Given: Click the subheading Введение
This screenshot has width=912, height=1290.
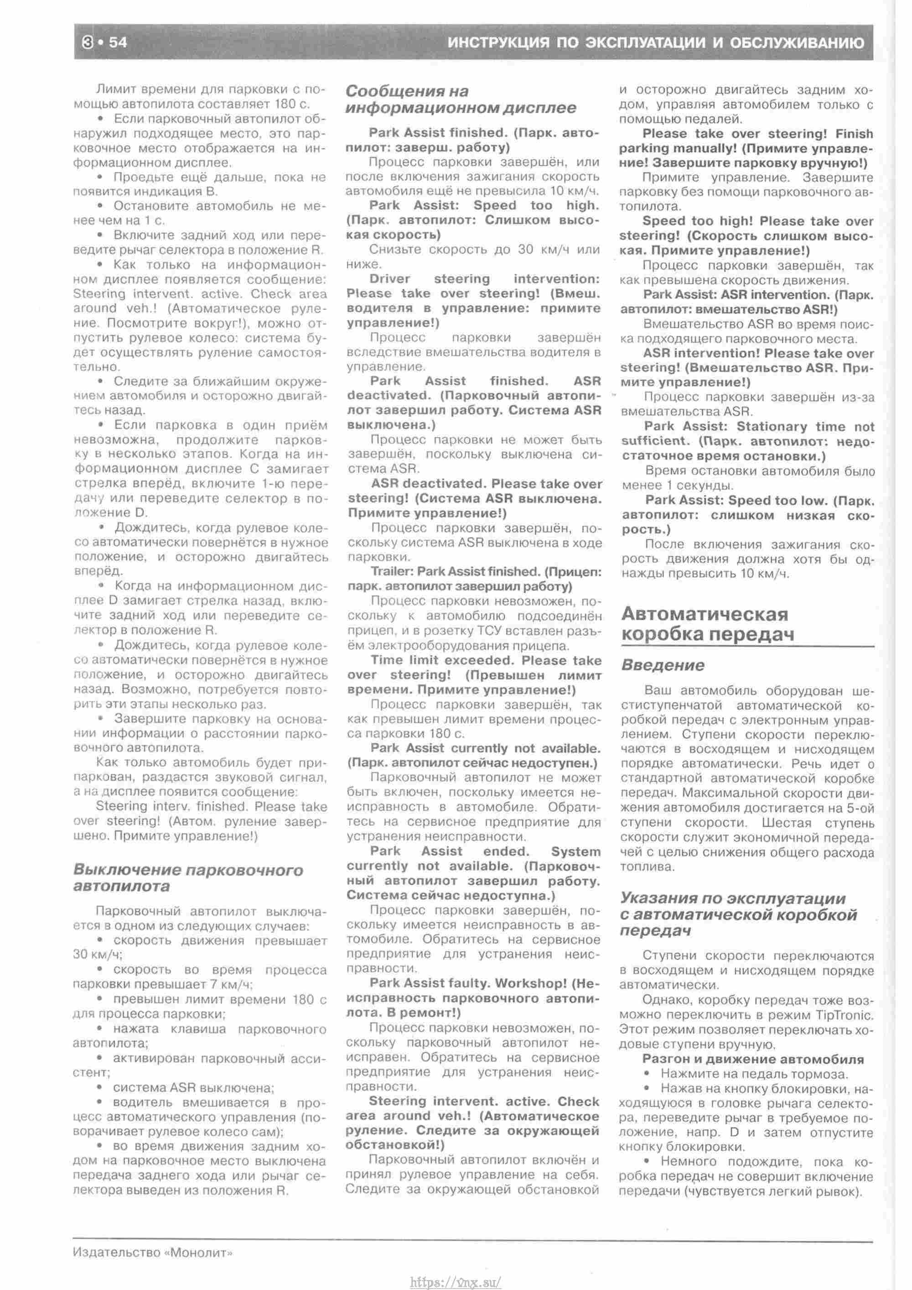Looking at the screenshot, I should pos(663,666).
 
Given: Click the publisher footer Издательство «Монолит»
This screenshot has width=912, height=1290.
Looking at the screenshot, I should pos(152,1253).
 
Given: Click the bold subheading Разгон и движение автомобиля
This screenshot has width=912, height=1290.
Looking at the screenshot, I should pos(753,1060).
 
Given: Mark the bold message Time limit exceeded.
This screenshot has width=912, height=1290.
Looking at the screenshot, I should pos(442,661).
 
